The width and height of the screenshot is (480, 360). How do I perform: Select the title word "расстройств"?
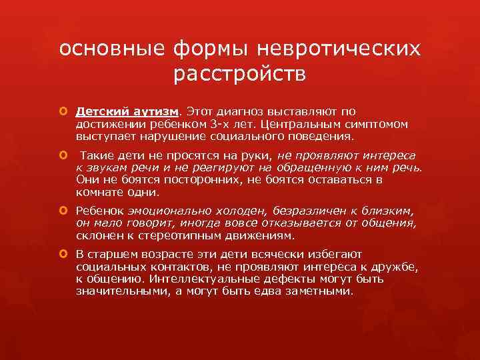(x=240, y=75)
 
